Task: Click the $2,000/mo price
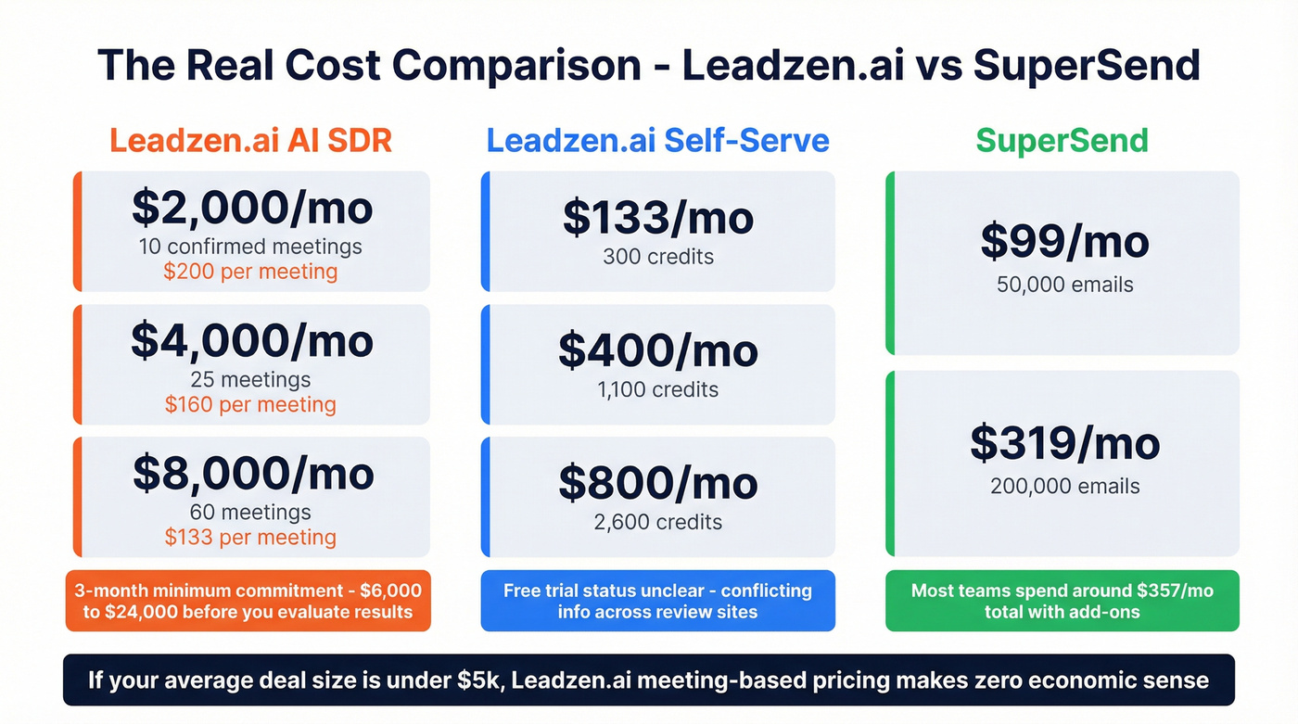tap(251, 210)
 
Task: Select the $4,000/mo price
tap(251, 342)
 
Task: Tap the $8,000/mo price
tap(252, 474)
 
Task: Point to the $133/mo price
tap(657, 219)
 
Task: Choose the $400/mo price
tap(657, 351)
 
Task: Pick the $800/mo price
tap(657, 484)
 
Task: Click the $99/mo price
tap(1063, 243)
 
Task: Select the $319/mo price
tap(1063, 444)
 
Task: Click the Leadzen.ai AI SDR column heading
tap(250, 141)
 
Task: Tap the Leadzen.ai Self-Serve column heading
tap(657, 141)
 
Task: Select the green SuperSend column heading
tap(1062, 141)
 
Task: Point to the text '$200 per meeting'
tap(250, 272)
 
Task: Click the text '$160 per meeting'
tap(250, 404)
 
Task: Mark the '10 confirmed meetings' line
tap(250, 247)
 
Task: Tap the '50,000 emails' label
tap(1064, 285)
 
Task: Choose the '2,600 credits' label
tap(657, 522)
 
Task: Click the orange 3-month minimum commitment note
tap(248, 601)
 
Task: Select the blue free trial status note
tap(657, 601)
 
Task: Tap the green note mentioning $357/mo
tap(1062, 601)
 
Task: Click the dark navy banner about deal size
tap(649, 680)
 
